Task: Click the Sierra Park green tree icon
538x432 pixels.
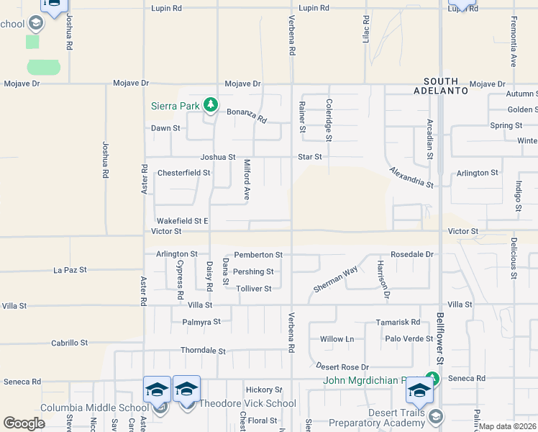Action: (x=210, y=106)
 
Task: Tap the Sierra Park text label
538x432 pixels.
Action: (x=175, y=106)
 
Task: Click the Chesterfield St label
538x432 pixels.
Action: (x=183, y=173)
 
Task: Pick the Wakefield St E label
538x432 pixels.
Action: (x=183, y=221)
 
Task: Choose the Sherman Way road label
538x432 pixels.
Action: (x=335, y=279)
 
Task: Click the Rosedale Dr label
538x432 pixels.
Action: (x=412, y=255)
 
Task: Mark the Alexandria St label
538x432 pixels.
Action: (x=412, y=177)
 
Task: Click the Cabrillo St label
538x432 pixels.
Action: (x=69, y=343)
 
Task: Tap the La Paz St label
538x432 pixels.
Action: (x=70, y=270)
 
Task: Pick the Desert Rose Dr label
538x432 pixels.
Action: (x=344, y=366)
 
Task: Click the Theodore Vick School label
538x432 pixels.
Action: (x=247, y=403)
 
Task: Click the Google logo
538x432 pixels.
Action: (x=24, y=423)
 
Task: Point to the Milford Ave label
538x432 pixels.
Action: (x=246, y=179)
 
